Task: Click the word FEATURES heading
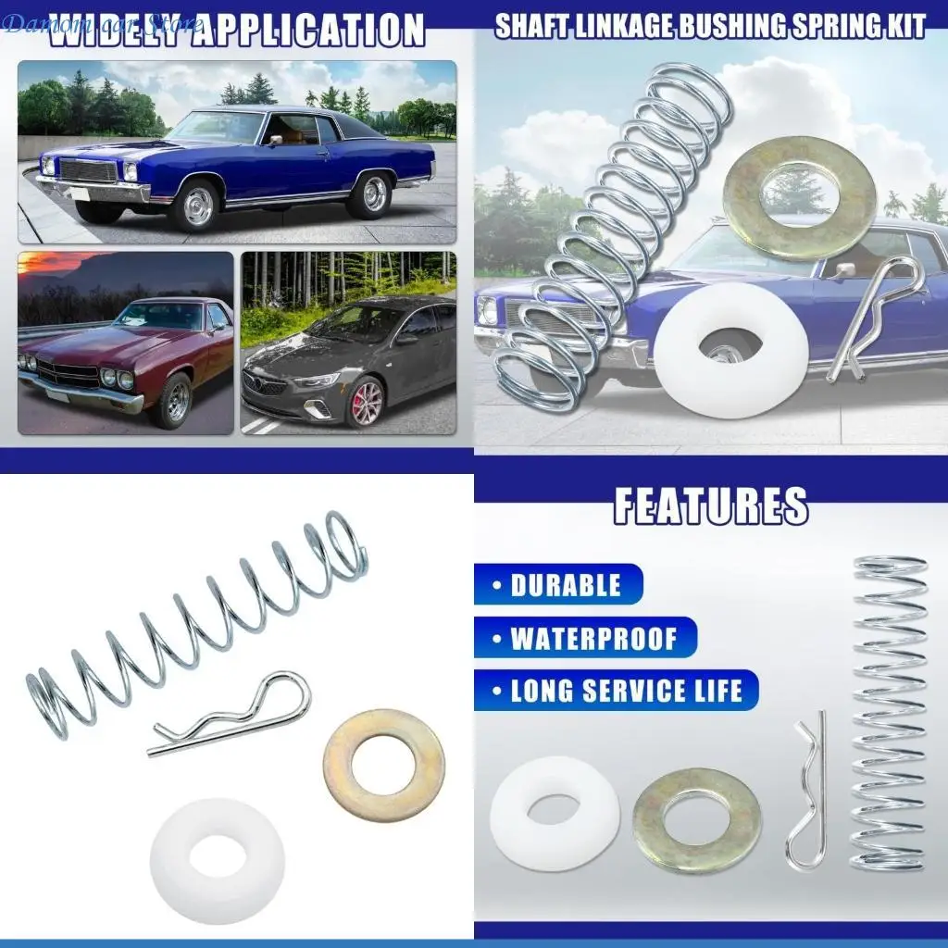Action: (x=710, y=505)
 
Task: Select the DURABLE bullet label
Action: (x=566, y=585)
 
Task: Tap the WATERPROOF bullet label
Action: (x=593, y=639)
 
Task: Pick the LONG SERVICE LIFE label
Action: (x=626, y=691)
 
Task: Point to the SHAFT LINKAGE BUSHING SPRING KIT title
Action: (x=709, y=26)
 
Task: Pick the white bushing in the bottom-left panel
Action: (x=218, y=860)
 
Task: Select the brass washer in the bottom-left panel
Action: (x=383, y=765)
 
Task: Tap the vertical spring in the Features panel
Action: (x=888, y=713)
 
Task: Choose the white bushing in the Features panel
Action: (x=555, y=813)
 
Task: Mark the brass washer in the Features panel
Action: (x=696, y=820)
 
